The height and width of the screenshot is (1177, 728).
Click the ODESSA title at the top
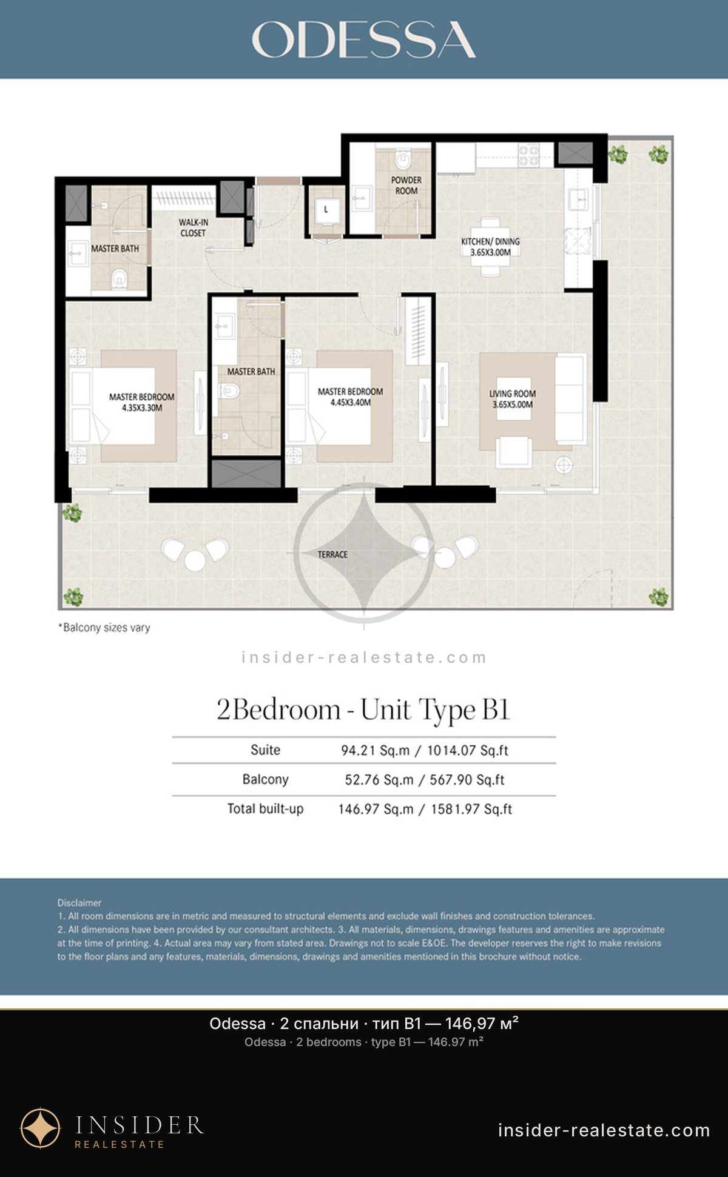[x=363, y=40]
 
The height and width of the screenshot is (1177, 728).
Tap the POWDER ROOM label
[x=406, y=186]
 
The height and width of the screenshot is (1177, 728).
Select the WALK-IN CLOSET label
[x=194, y=228]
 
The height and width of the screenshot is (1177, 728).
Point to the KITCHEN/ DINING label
[x=490, y=247]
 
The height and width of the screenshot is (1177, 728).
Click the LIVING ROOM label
[x=513, y=399]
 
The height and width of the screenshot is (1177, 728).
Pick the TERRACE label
[x=332, y=554]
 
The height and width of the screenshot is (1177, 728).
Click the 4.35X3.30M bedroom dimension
[x=142, y=408]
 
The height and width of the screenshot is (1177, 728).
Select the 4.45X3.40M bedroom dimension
[x=351, y=402]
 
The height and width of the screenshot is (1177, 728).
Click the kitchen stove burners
[x=528, y=155]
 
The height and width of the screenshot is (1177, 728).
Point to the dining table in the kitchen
[x=490, y=247]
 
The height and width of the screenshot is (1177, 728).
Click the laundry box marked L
[x=326, y=210]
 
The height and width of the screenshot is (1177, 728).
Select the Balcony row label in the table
[x=265, y=779]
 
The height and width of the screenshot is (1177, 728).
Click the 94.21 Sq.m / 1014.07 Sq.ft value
[x=425, y=750]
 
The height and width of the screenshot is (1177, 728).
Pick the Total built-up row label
[x=265, y=808]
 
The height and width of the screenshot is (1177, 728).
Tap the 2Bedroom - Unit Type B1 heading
[x=363, y=709]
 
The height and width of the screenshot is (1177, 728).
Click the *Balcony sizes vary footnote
[x=104, y=628]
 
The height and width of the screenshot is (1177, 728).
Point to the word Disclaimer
[x=79, y=903]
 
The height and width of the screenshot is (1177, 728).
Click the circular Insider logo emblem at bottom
[x=41, y=1128]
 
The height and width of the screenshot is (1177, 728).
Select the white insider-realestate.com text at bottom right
[x=604, y=1130]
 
